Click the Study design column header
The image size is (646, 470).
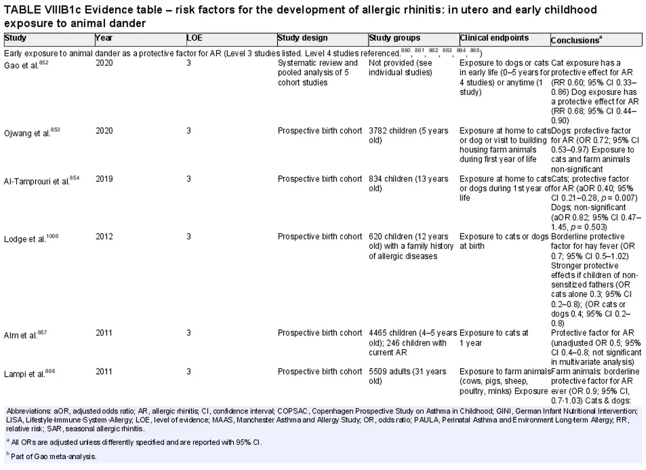(x=303, y=38)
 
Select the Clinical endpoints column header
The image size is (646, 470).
(x=494, y=38)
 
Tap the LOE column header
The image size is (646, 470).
(x=194, y=38)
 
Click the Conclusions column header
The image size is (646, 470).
(x=576, y=40)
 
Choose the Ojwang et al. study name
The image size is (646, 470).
(x=32, y=132)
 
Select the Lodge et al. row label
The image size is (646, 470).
(x=31, y=238)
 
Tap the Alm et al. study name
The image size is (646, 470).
(x=25, y=335)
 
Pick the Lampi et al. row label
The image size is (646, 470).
(x=30, y=373)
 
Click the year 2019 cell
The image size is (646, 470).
(x=104, y=179)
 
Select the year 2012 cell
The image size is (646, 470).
(x=104, y=237)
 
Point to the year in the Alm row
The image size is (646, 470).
(x=104, y=333)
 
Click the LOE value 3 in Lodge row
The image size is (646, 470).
(x=188, y=237)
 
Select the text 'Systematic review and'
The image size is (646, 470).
(x=318, y=63)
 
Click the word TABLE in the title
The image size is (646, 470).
(x=23, y=10)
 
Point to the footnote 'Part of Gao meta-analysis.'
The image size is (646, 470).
(x=54, y=457)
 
